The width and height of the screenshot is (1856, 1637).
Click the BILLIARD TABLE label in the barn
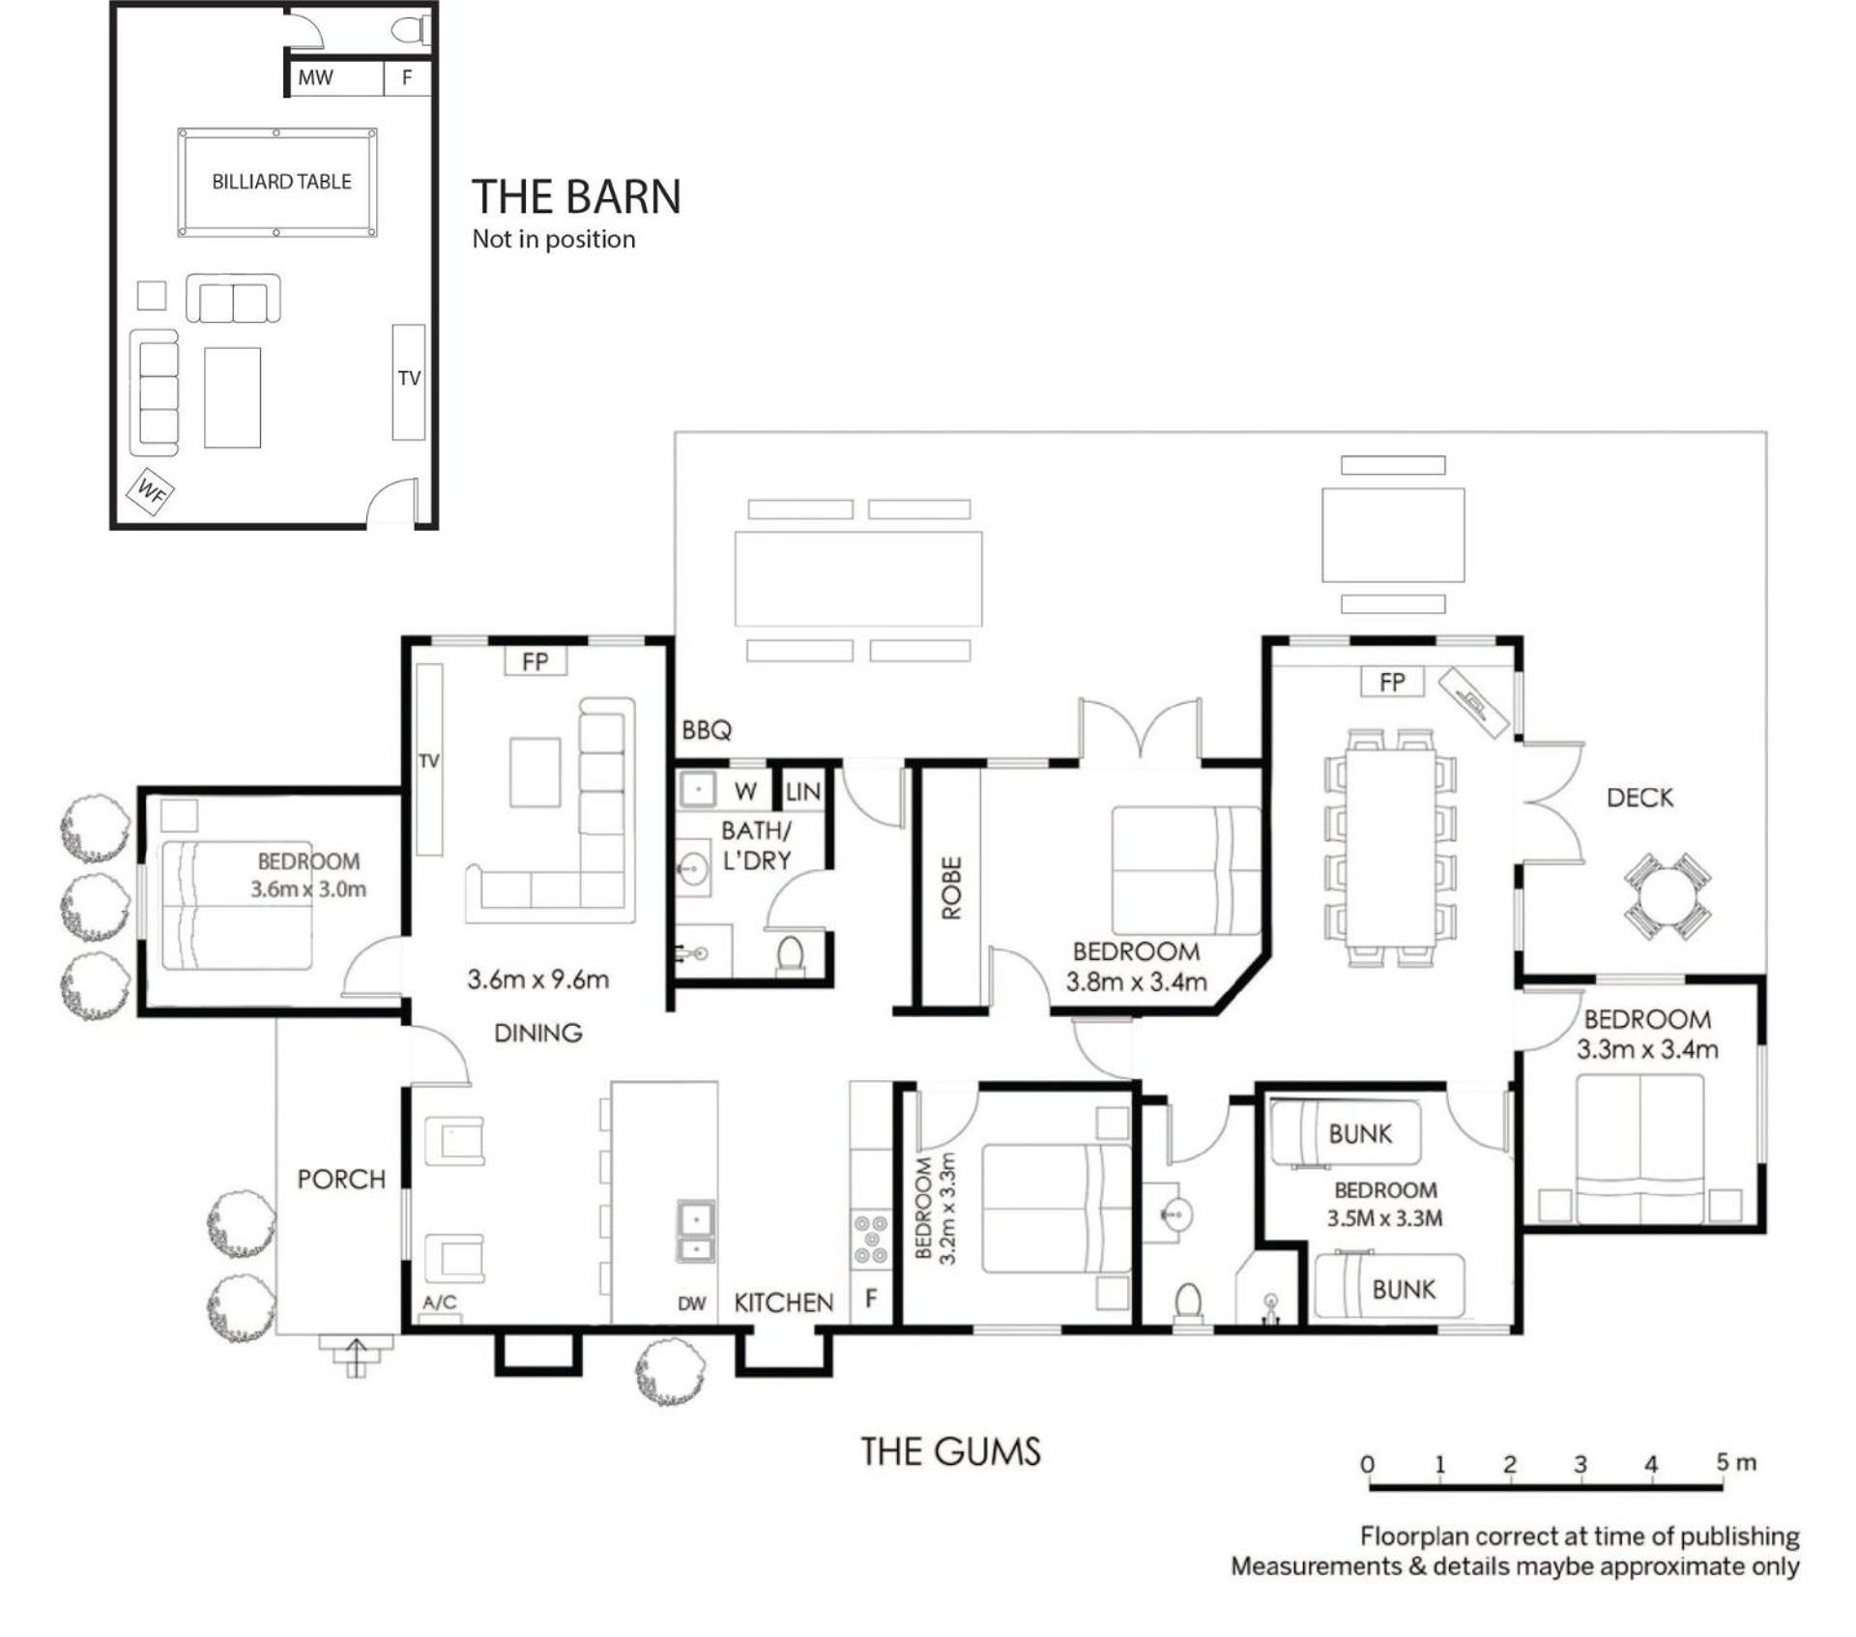[281, 182]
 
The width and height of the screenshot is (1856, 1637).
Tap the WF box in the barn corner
[151, 492]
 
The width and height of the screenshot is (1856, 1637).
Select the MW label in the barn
[315, 78]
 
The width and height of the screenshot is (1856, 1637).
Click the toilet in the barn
[410, 30]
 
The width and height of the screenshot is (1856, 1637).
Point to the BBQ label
[707, 730]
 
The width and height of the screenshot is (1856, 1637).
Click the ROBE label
[951, 888]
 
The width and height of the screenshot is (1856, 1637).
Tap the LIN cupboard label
[803, 793]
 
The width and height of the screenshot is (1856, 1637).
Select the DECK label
[1639, 798]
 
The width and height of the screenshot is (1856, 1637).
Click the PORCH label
[341, 1180]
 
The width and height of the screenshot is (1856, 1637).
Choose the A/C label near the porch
[440, 1302]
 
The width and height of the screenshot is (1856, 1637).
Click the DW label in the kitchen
[691, 1303]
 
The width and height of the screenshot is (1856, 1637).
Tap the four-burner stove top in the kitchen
[870, 1240]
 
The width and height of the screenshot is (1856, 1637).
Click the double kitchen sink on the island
[695, 1231]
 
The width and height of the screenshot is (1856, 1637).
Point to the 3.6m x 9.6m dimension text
[538, 979]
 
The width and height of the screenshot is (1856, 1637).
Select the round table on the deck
[1667, 896]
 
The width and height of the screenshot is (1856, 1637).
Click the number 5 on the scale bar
[1723, 1462]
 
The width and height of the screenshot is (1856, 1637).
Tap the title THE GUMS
[951, 1451]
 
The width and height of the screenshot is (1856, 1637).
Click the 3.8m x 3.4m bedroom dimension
[1137, 982]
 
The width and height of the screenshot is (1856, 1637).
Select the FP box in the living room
[536, 661]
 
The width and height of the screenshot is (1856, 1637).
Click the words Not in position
[554, 240]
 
